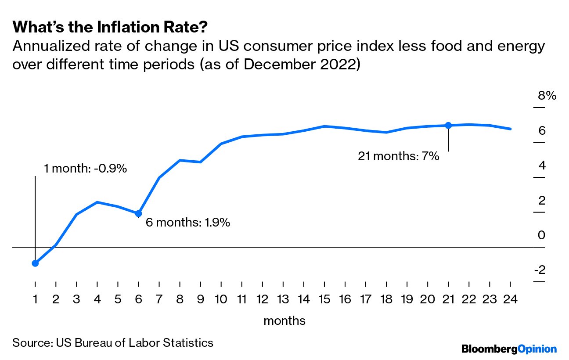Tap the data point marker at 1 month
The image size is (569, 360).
(35, 263)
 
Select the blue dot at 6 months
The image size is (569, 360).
(139, 213)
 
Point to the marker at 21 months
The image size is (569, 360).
(448, 125)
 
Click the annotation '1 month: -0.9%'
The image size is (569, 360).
(86, 169)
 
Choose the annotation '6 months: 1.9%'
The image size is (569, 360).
(187, 223)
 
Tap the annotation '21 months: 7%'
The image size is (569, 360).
(398, 156)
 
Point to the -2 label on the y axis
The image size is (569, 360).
(540, 270)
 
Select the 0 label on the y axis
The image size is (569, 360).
(541, 235)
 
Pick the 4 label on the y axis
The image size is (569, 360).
(541, 166)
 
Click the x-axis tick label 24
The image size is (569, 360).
(510, 299)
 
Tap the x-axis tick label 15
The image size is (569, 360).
(324, 299)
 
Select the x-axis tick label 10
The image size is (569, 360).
(220, 299)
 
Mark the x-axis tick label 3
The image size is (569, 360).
(76, 299)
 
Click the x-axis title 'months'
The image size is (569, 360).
(284, 321)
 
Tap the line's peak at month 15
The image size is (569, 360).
(324, 126)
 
